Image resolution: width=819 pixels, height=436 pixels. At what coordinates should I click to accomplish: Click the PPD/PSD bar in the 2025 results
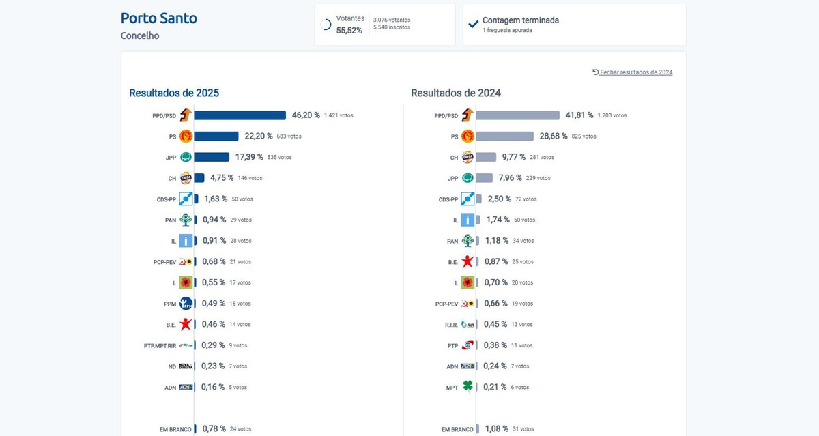tap(240, 115)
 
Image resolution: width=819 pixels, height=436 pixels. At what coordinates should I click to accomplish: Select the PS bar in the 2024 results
tap(504, 136)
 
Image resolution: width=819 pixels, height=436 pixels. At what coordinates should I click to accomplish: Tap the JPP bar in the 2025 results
tap(212, 157)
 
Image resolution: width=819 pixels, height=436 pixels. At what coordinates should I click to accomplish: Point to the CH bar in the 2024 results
tap(486, 157)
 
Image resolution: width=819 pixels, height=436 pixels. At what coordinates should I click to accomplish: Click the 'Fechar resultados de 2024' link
tap(633, 72)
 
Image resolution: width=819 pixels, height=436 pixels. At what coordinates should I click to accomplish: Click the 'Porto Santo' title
tap(158, 18)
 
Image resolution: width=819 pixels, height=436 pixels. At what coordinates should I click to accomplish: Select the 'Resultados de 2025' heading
tap(174, 93)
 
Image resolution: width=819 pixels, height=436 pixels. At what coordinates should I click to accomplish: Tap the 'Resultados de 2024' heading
tap(456, 93)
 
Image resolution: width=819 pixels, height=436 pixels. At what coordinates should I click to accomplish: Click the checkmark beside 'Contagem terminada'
tap(474, 24)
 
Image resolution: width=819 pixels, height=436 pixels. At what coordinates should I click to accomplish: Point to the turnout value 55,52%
tap(349, 31)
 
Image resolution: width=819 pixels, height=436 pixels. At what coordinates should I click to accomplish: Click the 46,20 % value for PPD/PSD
tap(306, 115)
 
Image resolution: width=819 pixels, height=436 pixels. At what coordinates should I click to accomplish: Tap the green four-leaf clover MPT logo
tap(468, 387)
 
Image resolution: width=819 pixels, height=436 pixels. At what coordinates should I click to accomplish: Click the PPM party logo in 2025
tap(186, 304)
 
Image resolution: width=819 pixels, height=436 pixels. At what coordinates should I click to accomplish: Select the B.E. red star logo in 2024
tap(468, 261)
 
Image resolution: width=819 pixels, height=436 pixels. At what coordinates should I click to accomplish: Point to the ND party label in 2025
tap(173, 366)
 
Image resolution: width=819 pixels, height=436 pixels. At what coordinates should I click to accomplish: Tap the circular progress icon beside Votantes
tap(326, 25)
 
